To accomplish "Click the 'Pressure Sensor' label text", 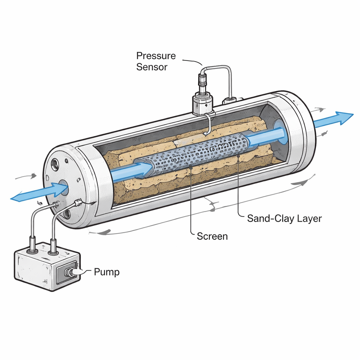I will [x=156, y=61].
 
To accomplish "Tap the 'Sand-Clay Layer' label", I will [x=284, y=218].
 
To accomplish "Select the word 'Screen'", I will [x=212, y=236].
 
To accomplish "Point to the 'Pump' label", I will [x=107, y=272].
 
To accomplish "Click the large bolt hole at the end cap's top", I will [x=55, y=164].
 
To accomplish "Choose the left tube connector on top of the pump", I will [x=33, y=244].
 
